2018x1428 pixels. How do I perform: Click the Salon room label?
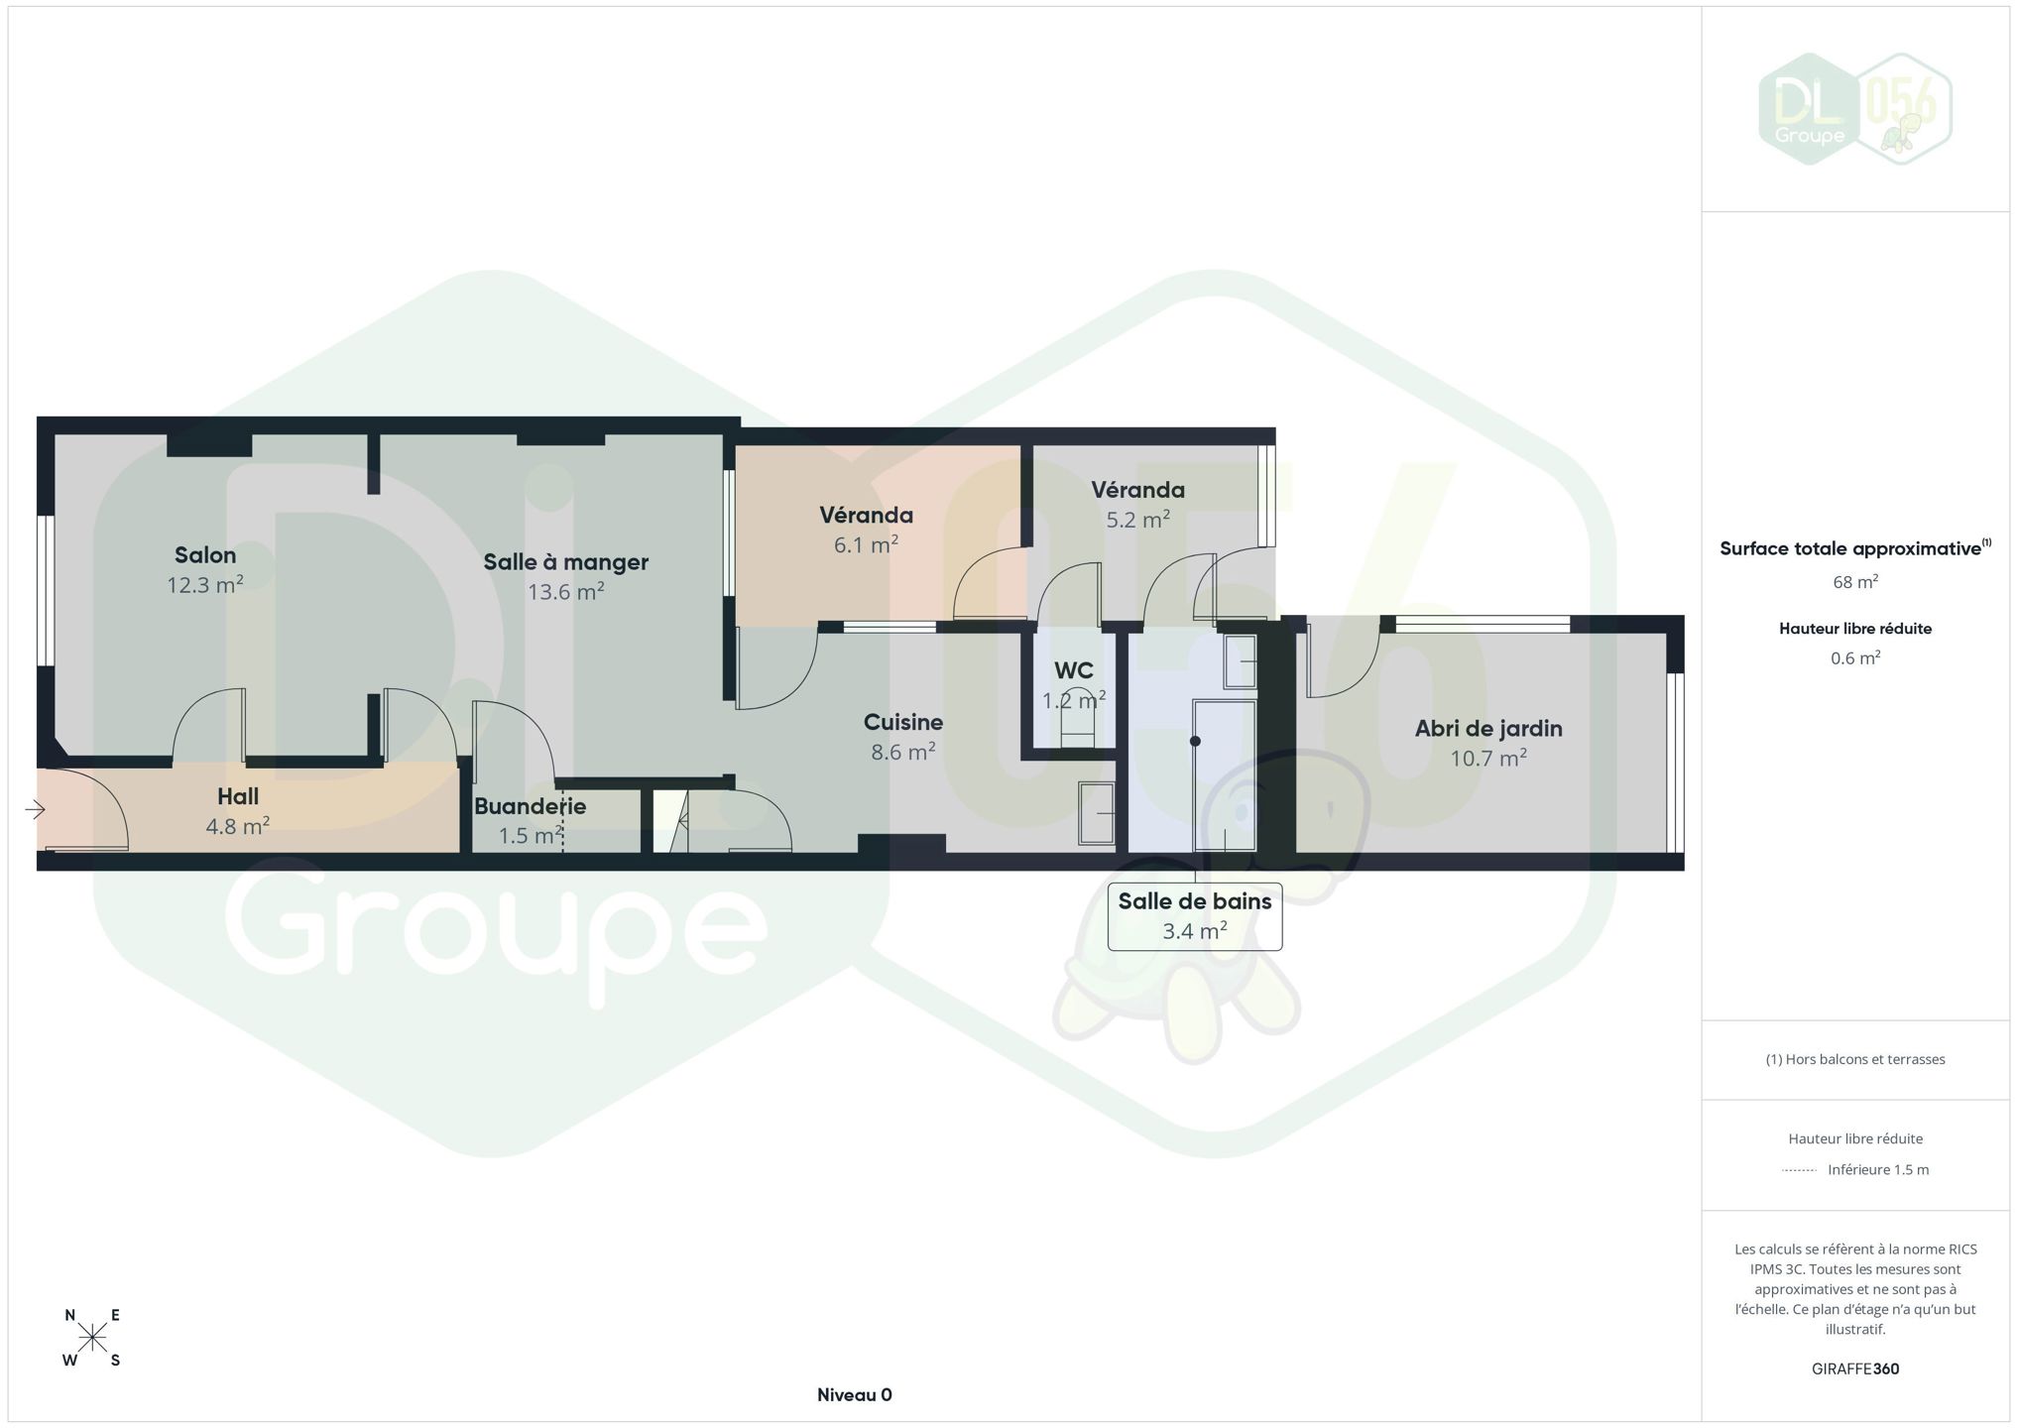(205, 555)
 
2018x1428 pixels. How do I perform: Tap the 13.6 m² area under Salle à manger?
(565, 592)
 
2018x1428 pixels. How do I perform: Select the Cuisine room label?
(902, 722)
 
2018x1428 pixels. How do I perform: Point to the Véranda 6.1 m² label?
(866, 516)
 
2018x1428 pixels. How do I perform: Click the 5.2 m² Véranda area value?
(1137, 520)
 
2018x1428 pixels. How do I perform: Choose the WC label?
(1073, 670)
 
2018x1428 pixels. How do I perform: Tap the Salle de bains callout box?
(1195, 916)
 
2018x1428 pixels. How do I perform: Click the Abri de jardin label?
(1488, 729)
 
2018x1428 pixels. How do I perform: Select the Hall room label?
(238, 796)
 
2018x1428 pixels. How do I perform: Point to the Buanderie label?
(530, 806)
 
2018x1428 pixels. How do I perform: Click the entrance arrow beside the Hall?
(35, 810)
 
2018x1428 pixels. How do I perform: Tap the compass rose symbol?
(92, 1339)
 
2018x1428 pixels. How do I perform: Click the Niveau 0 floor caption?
(854, 1395)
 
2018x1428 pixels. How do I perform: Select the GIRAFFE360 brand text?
(1855, 1368)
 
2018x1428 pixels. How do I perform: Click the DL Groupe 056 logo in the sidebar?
(1855, 109)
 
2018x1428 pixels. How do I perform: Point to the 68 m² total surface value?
(1855, 582)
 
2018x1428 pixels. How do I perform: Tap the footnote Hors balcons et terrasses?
(1855, 1059)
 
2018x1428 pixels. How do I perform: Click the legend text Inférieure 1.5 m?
(1878, 1169)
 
